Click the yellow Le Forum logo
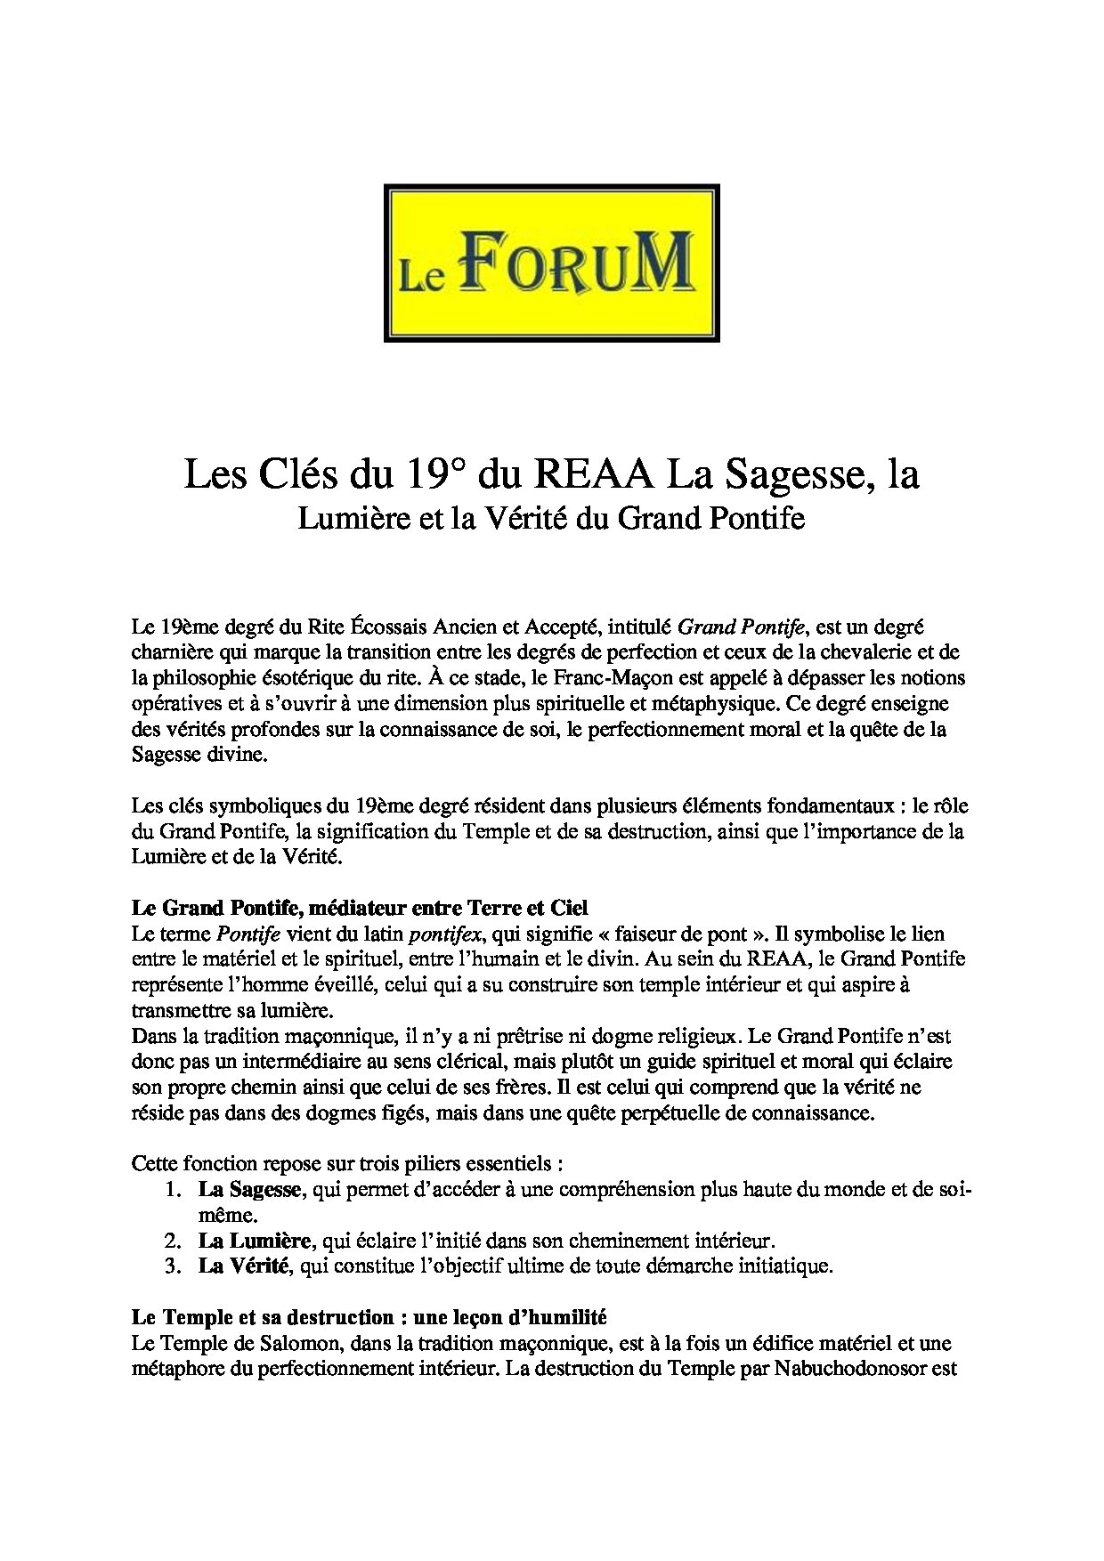(551, 263)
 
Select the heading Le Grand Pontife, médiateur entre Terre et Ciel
(360, 909)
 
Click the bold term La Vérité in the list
(244, 1266)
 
